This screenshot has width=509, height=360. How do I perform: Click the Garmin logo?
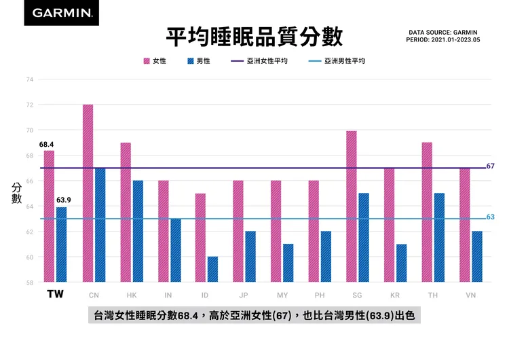(61, 13)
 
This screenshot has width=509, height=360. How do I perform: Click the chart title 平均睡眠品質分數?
(254, 36)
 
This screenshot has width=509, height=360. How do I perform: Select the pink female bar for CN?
(88, 194)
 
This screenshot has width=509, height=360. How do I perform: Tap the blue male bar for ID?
(213, 270)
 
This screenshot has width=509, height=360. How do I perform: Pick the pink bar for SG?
(352, 206)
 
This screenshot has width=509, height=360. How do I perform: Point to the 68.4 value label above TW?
(46, 145)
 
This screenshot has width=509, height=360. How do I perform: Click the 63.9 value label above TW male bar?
(64, 200)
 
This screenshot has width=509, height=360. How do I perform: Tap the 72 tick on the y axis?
(30, 105)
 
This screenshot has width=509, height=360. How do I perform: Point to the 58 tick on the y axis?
(30, 283)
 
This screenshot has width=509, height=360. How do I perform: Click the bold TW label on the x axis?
(56, 295)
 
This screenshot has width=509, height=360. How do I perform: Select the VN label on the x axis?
(471, 295)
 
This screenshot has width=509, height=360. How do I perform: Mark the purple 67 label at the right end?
(491, 166)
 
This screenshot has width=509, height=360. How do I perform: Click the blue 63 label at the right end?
(491, 217)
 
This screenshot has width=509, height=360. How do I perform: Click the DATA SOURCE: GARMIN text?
(443, 32)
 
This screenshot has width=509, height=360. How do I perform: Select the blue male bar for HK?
(138, 232)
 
